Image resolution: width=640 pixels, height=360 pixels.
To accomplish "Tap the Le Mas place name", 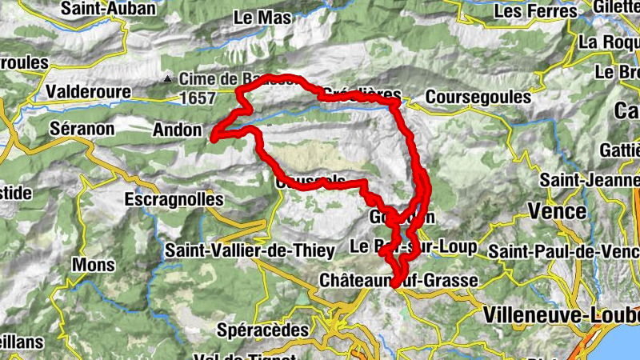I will coord(255,16).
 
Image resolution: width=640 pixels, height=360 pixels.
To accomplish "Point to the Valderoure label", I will coord(89,92).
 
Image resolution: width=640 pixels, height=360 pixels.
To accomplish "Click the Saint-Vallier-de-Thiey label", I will coord(250,250).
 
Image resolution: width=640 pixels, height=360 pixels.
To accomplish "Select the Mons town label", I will coord(94,265).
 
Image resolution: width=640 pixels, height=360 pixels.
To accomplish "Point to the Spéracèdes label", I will coord(262,329).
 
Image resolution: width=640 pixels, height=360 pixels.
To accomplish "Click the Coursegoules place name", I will coord(478,97).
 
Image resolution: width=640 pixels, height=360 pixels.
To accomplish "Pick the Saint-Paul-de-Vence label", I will coord(565,251).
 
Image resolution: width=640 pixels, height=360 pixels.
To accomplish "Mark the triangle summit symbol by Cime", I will coord(168,79).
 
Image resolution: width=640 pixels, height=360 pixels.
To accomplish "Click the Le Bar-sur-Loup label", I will coord(414,245).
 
